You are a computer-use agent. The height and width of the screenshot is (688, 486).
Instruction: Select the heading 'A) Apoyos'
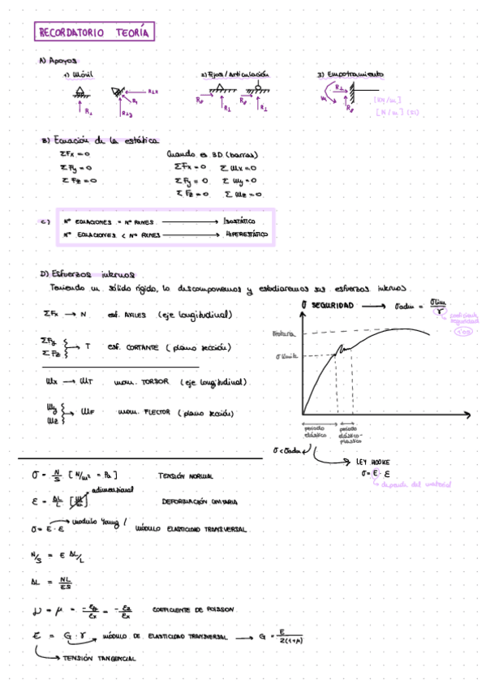pos(58,60)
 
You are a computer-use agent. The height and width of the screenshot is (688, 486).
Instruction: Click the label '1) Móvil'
pos(80,75)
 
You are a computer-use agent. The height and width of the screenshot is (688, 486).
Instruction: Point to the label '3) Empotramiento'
pos(351,75)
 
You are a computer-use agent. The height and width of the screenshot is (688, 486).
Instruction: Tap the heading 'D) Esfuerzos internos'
pos(86,274)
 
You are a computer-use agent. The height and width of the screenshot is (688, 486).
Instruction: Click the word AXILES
pos(136,314)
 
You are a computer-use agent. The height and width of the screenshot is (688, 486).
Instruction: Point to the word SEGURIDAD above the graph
pos(333,305)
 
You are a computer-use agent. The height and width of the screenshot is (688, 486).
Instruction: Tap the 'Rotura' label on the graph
pos(283,333)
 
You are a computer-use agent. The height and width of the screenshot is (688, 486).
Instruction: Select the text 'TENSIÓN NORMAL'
pos(187,475)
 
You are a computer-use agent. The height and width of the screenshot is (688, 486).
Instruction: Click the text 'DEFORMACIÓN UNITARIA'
pos(200,502)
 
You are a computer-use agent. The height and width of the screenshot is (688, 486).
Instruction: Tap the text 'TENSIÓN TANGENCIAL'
pos(101,659)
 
